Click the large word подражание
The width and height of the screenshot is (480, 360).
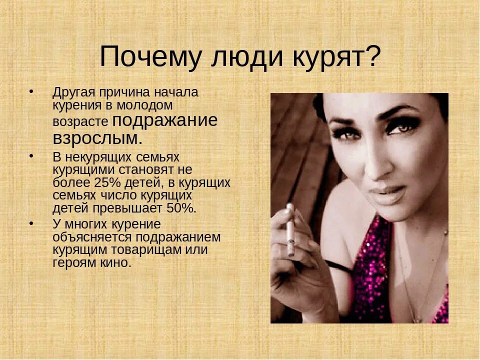pos(165,120)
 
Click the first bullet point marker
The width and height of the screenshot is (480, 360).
pos(32,92)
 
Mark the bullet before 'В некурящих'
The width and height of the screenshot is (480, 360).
pos(32,156)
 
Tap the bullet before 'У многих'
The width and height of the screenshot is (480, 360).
pos(32,223)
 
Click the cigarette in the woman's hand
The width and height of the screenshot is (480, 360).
pos(290,229)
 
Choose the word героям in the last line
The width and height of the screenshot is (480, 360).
pos(70,262)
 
